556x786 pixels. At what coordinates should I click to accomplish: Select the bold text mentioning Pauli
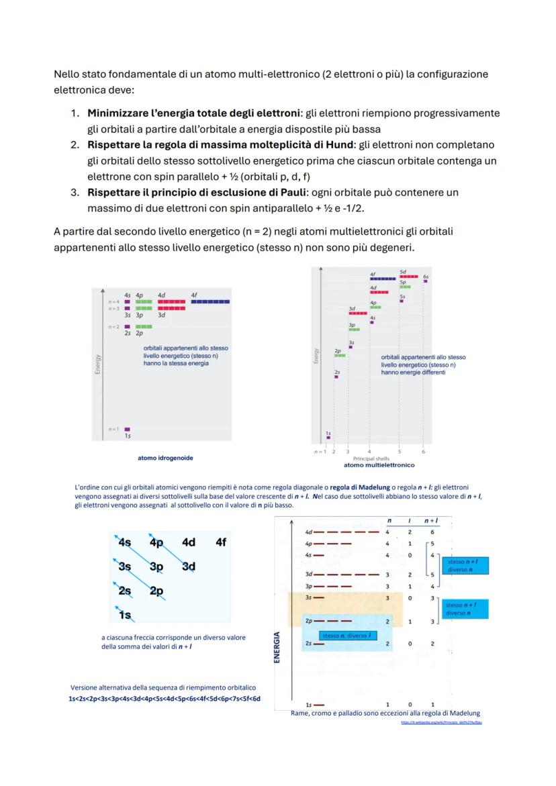(x=222, y=193)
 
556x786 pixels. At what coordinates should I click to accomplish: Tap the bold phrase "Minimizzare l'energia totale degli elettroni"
(x=195, y=113)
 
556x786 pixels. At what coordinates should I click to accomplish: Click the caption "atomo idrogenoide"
(x=165, y=458)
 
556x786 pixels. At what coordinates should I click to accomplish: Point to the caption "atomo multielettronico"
(x=379, y=464)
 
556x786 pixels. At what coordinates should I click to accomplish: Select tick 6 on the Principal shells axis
(x=423, y=451)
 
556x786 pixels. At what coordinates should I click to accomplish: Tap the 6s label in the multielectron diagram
(x=426, y=276)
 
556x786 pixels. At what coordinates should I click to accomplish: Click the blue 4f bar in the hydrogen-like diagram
(x=210, y=302)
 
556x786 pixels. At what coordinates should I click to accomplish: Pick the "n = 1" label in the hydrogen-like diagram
(x=113, y=429)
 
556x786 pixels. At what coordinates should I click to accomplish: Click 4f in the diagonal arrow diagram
(x=221, y=542)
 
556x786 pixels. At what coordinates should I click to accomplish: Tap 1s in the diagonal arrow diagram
(x=125, y=615)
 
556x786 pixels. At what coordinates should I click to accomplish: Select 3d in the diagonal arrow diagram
(x=189, y=567)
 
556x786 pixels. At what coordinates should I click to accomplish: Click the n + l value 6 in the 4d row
(x=432, y=532)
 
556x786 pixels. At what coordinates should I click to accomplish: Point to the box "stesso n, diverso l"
(x=346, y=635)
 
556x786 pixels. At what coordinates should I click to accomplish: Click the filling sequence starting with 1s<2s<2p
(x=165, y=699)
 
